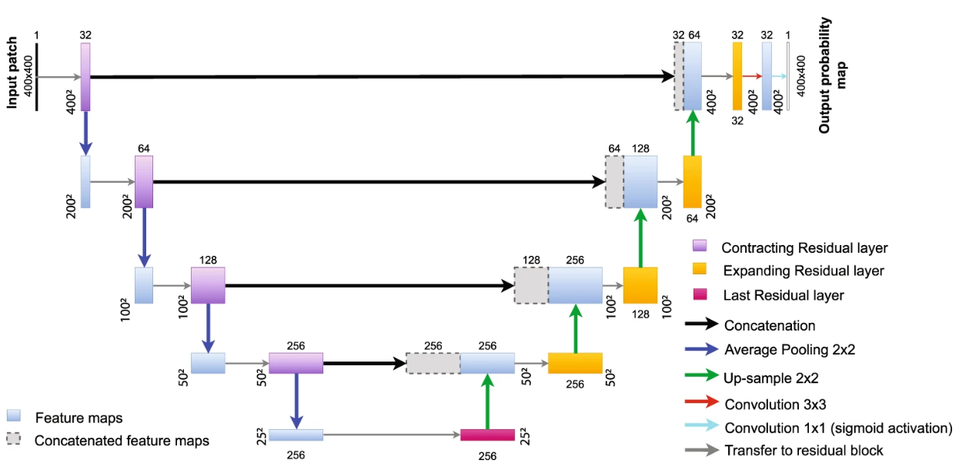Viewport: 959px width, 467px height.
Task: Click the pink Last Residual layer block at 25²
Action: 487,435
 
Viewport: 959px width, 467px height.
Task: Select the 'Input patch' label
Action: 13,71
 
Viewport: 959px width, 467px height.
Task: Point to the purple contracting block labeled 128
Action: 208,285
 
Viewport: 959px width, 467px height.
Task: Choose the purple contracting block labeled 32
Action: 85,76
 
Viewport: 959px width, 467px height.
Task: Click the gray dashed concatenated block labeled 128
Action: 530,285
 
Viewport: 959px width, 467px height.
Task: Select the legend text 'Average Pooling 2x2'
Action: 789,349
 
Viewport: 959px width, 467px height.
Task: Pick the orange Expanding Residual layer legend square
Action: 700,270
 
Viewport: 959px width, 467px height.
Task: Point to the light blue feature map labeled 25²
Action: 296,435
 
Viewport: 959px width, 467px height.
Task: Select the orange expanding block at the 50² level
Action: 575,363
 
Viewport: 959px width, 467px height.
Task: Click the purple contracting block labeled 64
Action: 144,182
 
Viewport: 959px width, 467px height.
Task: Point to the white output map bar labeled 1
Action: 787,76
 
